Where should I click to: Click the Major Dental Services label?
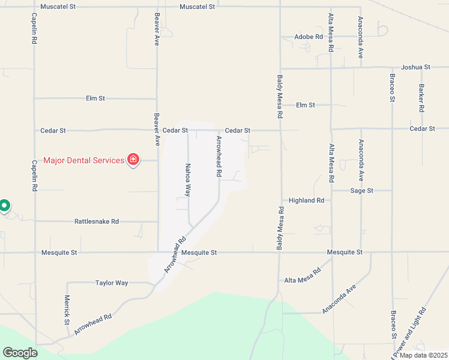coord(83,160)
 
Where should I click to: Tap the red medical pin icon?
coord(133,160)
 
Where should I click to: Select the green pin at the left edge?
coord(4,206)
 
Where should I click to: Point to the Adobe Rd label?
coord(309,37)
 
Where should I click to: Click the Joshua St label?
coord(416,67)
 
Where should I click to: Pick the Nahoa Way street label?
coord(188,181)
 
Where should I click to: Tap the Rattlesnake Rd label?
coord(97,221)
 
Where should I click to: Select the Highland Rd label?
coord(306,200)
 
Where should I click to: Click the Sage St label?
coord(362,190)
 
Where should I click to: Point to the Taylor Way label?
coord(112,283)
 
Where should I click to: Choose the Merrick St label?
coord(67,310)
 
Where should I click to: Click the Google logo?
coord(19,353)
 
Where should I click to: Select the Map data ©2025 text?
coord(423,355)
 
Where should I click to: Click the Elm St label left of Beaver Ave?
coord(95,98)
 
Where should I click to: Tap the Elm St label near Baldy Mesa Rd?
coord(305,105)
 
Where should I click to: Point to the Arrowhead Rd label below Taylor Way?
coord(92,325)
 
